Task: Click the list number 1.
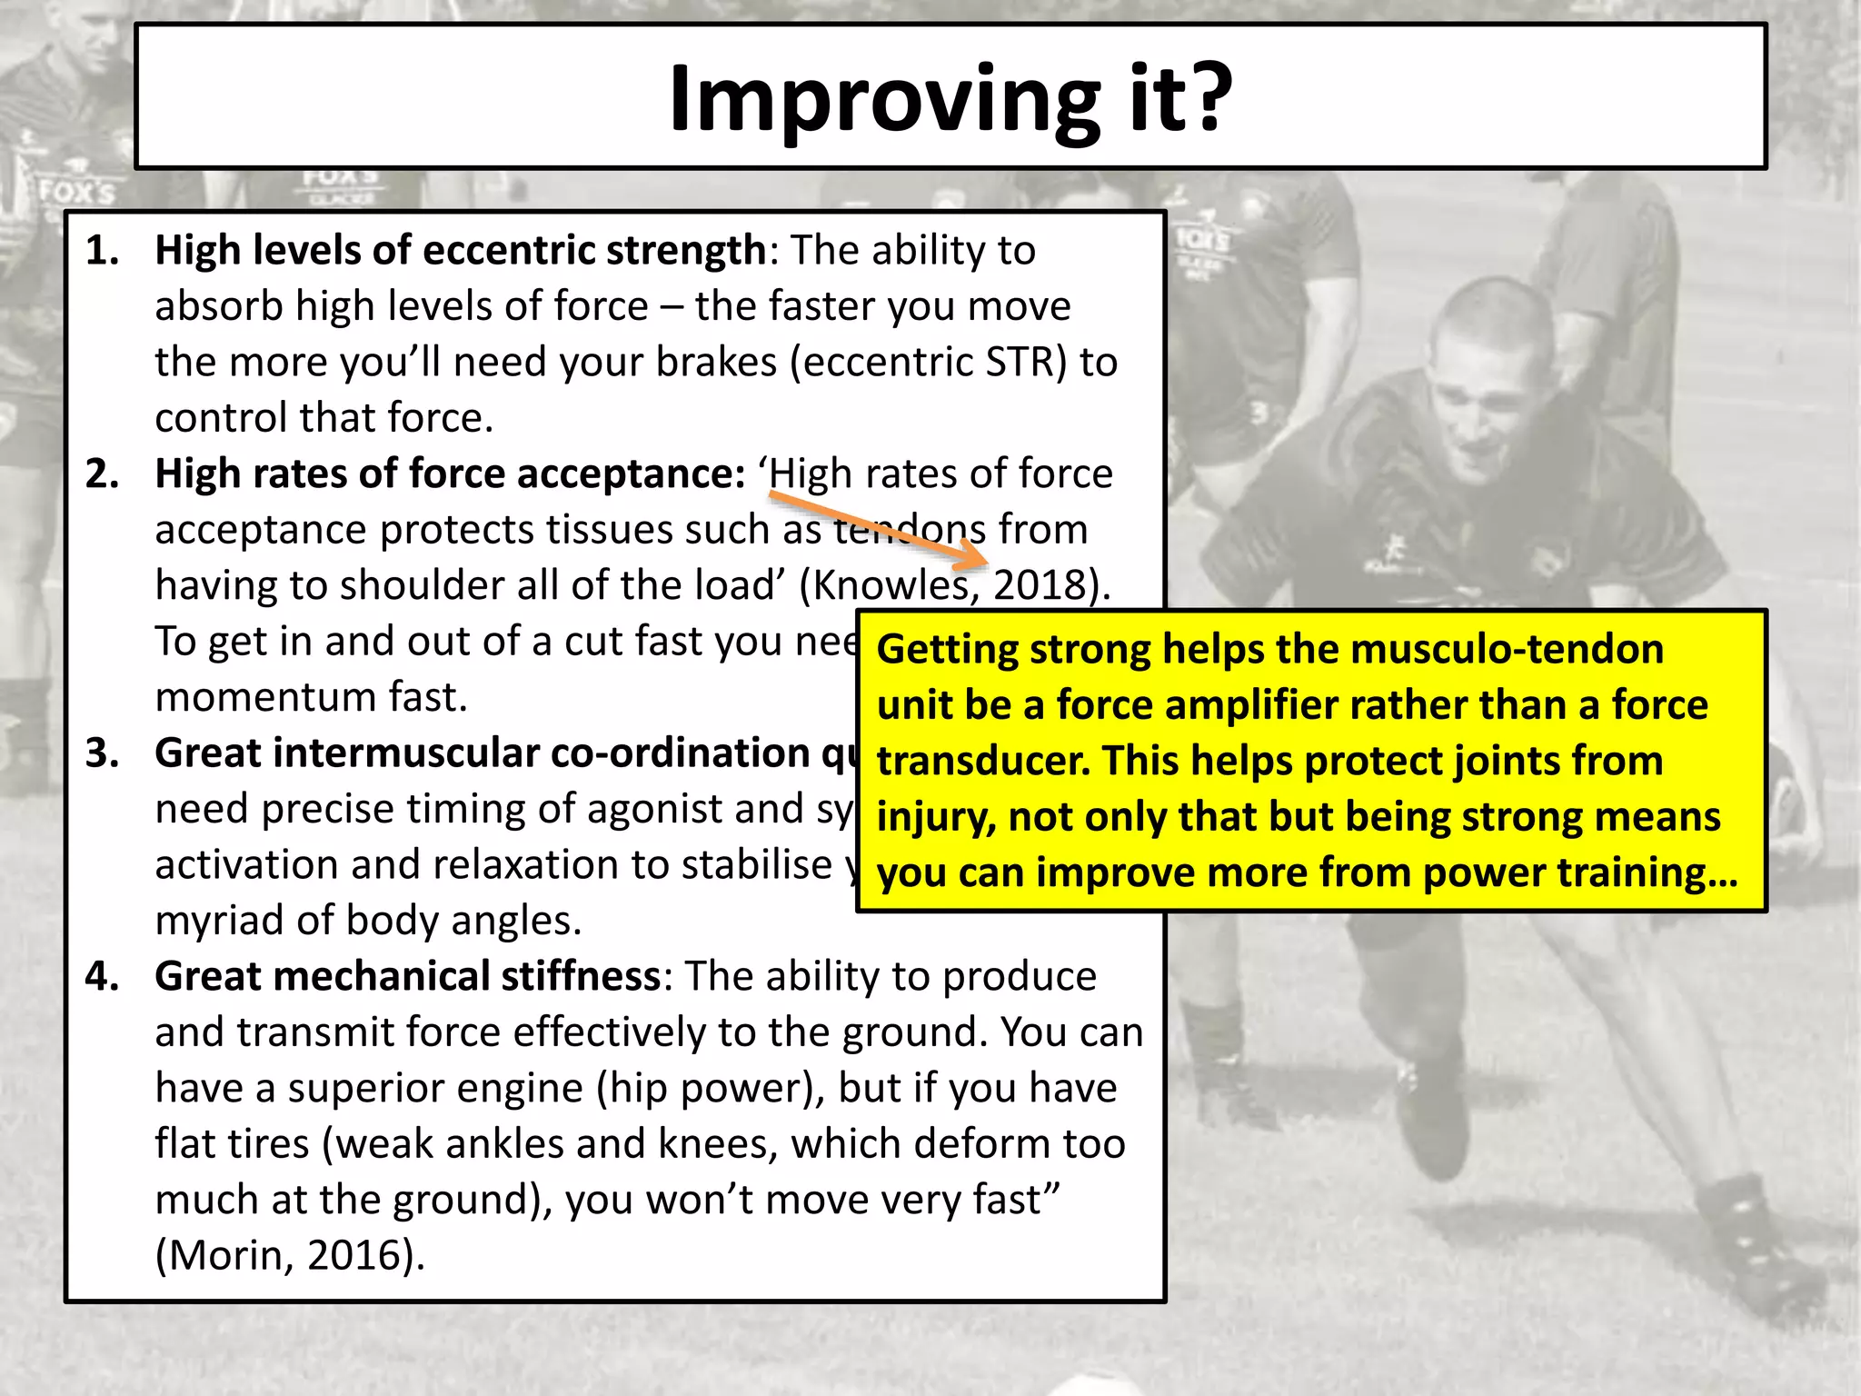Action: click(x=102, y=251)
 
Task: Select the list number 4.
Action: click(x=102, y=976)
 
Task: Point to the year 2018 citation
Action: click(x=1040, y=585)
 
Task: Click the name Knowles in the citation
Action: click(x=891, y=585)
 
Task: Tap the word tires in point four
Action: click(x=269, y=1144)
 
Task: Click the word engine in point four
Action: click(x=434, y=1089)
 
